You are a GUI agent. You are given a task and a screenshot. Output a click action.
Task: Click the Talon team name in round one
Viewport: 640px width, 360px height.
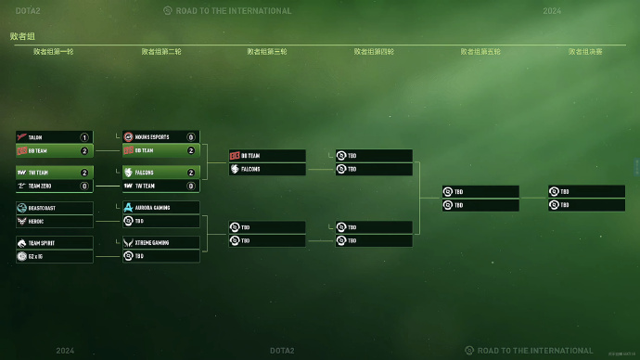point(35,137)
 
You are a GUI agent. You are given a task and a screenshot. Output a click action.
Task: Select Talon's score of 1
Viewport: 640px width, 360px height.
point(84,137)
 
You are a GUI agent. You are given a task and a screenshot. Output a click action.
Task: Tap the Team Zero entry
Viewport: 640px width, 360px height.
point(42,186)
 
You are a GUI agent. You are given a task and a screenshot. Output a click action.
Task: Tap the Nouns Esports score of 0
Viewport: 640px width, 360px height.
point(191,137)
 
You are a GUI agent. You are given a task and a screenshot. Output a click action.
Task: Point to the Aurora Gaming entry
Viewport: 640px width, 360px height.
point(156,208)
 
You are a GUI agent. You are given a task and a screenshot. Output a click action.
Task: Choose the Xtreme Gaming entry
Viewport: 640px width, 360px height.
point(156,243)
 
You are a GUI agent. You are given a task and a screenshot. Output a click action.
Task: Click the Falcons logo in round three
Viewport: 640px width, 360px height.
point(235,169)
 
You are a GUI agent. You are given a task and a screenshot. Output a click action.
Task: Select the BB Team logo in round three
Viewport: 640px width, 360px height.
point(235,156)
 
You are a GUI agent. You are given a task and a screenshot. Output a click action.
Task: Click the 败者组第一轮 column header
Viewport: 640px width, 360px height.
point(54,52)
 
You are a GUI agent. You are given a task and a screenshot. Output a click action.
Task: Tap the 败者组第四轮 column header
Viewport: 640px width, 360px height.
point(374,52)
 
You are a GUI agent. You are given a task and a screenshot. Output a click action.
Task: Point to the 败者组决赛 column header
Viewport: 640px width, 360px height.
point(585,52)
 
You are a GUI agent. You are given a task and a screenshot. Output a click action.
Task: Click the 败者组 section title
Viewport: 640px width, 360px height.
point(22,36)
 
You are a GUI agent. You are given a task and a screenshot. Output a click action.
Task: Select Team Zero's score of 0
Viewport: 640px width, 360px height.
point(84,186)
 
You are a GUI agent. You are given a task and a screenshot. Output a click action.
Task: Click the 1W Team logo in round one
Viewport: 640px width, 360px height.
point(21,173)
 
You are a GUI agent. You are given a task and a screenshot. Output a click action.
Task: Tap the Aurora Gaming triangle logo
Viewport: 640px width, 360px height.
point(128,208)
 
